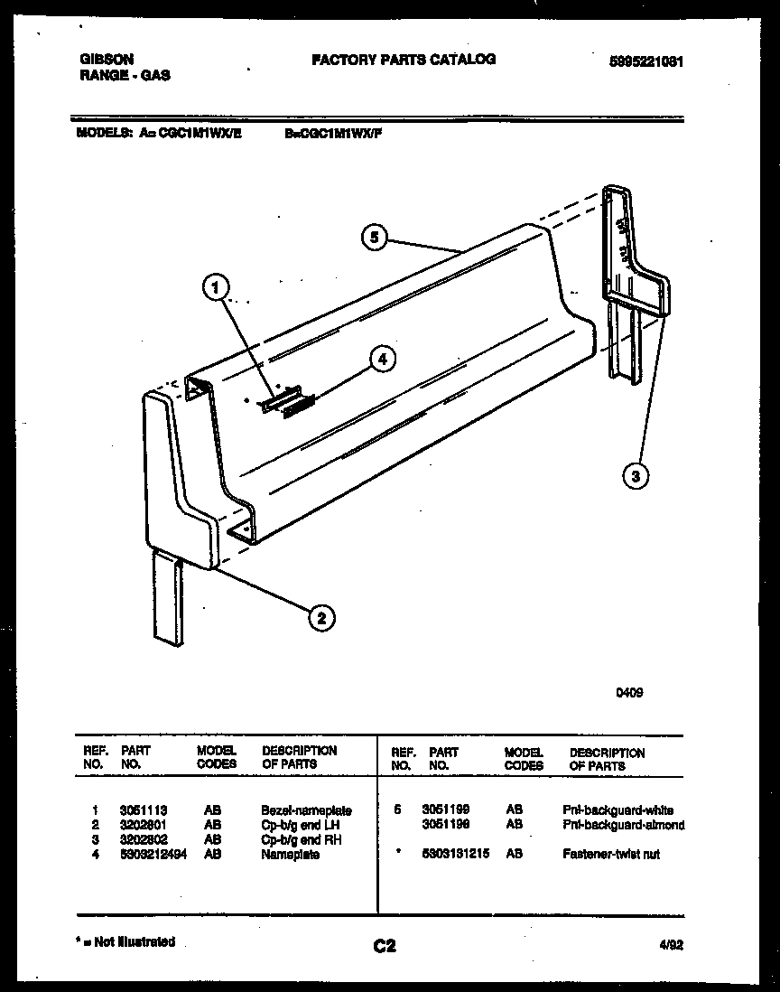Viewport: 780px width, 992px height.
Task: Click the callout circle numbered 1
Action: click(214, 288)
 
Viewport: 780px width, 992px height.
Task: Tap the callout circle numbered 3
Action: click(636, 476)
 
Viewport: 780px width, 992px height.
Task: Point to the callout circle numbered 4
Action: click(383, 359)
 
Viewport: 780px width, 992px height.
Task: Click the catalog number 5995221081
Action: click(645, 62)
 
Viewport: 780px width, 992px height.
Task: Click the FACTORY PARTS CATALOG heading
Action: click(404, 60)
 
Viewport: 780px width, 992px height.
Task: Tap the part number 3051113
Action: click(143, 811)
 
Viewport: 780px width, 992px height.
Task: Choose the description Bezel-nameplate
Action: click(306, 811)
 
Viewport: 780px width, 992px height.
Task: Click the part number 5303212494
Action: click(153, 855)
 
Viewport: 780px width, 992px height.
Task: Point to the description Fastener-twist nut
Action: click(611, 854)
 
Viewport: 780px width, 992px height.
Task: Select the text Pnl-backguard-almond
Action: click(623, 825)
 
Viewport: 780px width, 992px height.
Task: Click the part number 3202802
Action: click(143, 840)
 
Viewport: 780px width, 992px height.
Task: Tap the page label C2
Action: click(384, 947)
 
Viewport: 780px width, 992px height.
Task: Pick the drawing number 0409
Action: click(629, 694)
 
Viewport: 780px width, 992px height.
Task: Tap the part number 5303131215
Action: click(456, 854)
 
